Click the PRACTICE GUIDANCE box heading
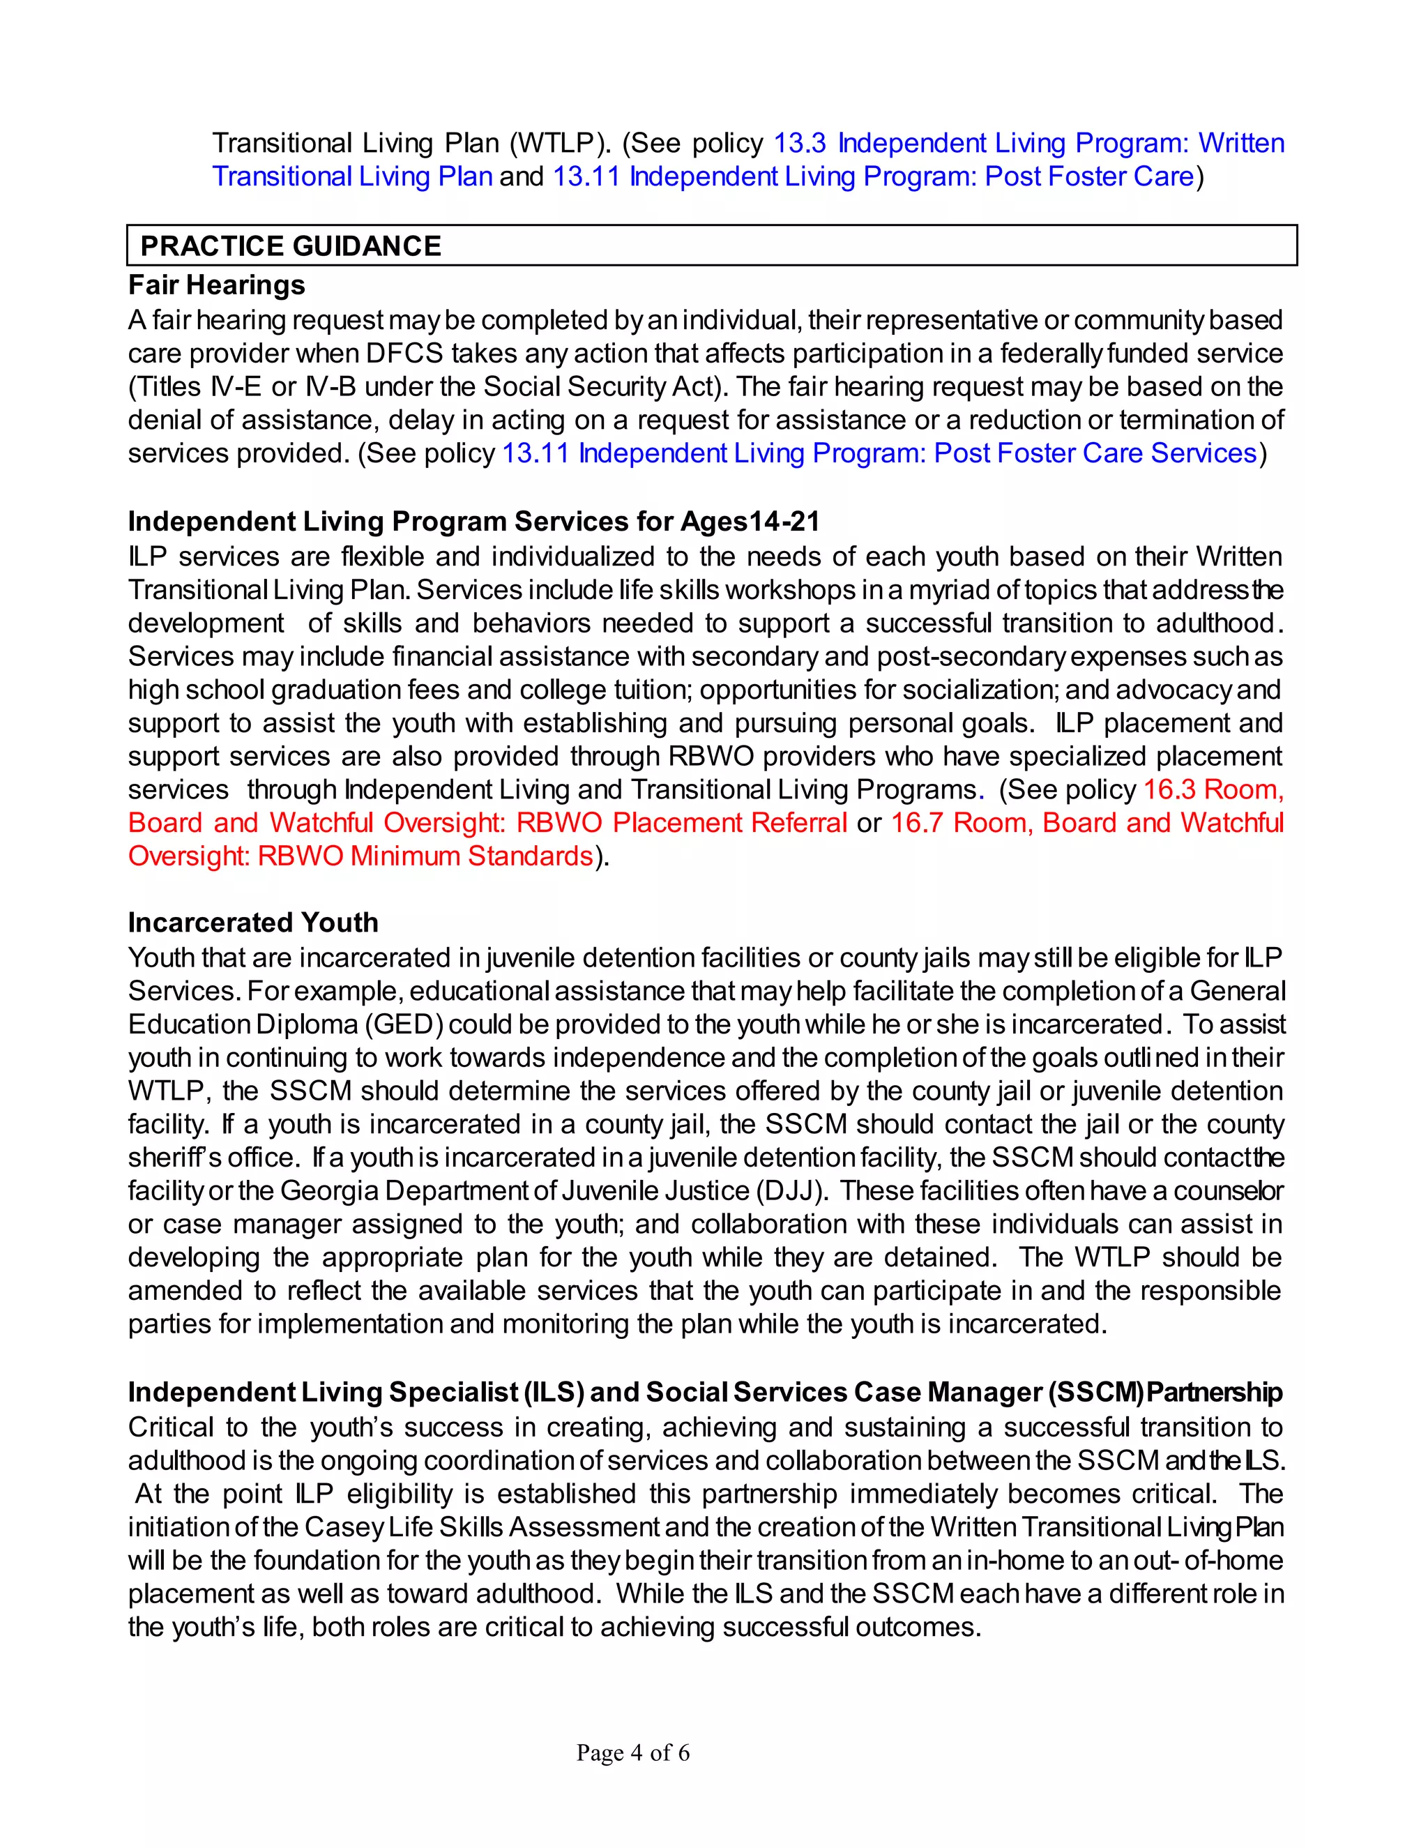tap(290, 246)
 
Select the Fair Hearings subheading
tap(217, 285)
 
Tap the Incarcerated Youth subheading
tap(253, 923)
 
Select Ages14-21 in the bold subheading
tap(750, 521)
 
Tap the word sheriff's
tap(169, 1158)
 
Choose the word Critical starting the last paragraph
tap(170, 1427)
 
